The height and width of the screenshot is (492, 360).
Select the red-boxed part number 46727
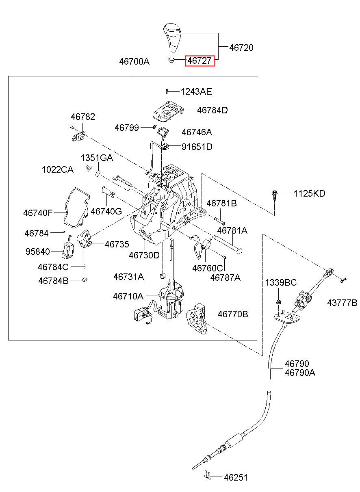coord(200,61)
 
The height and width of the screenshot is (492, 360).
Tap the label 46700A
coord(134,61)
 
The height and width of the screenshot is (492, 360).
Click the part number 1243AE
coord(196,91)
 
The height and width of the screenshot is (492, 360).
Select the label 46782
coord(83,117)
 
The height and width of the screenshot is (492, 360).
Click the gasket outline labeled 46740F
coord(77,208)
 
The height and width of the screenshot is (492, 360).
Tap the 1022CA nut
coord(88,168)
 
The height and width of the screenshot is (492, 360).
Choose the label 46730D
coord(144,255)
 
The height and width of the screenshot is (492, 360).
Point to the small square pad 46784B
coord(85,280)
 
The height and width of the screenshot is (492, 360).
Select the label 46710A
coord(128,296)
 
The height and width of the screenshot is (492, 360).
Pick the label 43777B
coord(342,303)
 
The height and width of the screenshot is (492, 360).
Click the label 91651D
coord(197,147)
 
